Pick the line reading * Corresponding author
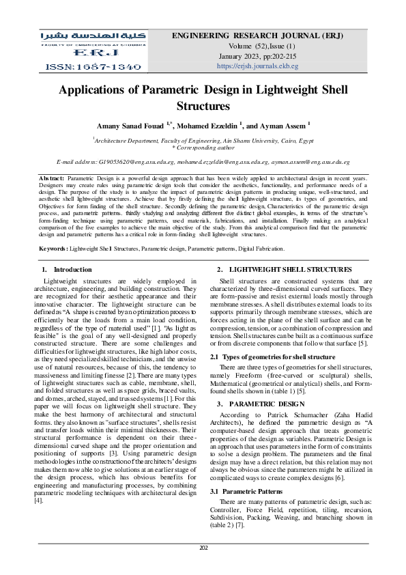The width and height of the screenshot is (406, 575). tap(203, 146)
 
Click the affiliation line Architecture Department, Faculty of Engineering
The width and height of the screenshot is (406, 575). tap(203, 139)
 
